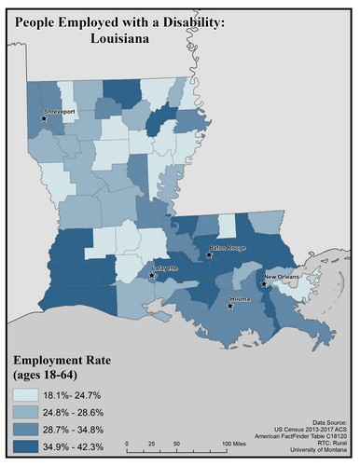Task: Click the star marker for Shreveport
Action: pyautogui.click(x=44, y=117)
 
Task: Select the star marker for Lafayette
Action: pyautogui.click(x=152, y=275)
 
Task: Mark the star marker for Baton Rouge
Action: pyautogui.click(x=211, y=255)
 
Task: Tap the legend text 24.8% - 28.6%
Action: pyautogui.click(x=87, y=414)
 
